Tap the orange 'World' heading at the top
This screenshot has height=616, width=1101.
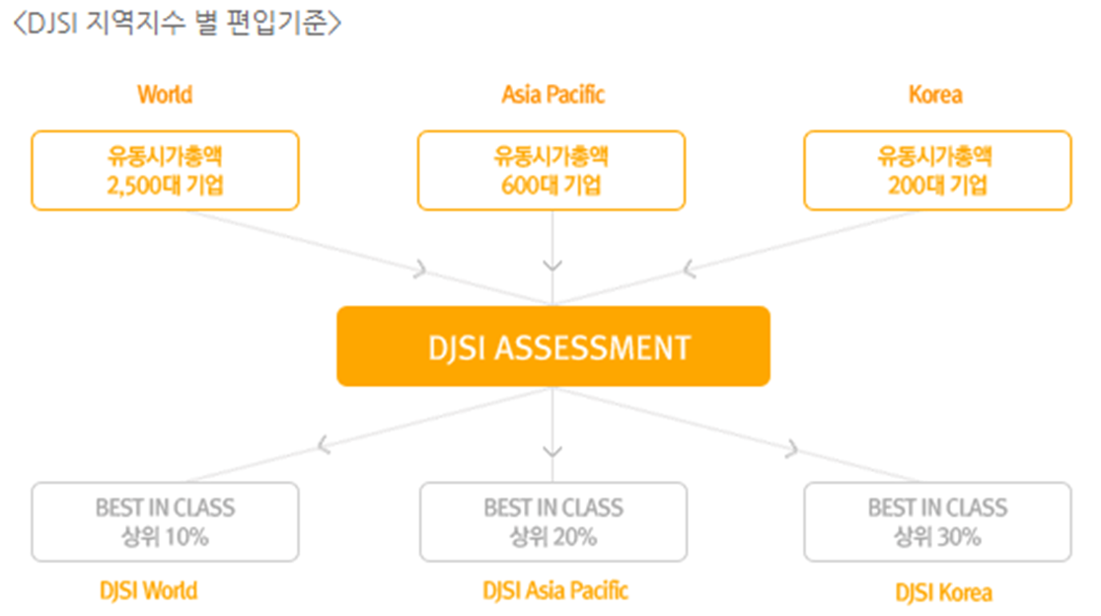click(x=165, y=95)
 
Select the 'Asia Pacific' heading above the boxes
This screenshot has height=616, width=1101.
click(x=552, y=95)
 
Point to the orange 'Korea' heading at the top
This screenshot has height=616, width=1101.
click(x=935, y=95)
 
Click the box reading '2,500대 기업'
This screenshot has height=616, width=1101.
click(x=165, y=171)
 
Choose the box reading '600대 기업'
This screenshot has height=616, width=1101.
click(x=551, y=171)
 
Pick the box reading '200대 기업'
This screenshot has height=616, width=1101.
click(x=937, y=171)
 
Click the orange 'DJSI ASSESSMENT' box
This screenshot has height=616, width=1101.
click(x=552, y=346)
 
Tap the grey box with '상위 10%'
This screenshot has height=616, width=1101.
click(x=165, y=522)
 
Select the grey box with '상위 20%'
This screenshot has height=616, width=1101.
click(x=552, y=522)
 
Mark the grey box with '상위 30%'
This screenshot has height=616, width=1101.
click(x=937, y=522)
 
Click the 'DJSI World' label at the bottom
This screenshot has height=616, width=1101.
click(x=149, y=591)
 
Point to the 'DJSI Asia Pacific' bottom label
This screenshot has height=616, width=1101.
click(x=555, y=591)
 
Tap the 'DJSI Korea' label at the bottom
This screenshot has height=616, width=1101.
click(x=944, y=592)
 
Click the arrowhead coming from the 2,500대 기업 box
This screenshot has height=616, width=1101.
click(x=421, y=268)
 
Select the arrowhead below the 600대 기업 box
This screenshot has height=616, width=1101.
click(x=552, y=266)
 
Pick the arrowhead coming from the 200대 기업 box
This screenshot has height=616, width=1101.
click(x=689, y=267)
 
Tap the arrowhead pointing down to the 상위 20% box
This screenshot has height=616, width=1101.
click(x=552, y=451)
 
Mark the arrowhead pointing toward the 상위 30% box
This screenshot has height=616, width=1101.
click(x=790, y=449)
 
